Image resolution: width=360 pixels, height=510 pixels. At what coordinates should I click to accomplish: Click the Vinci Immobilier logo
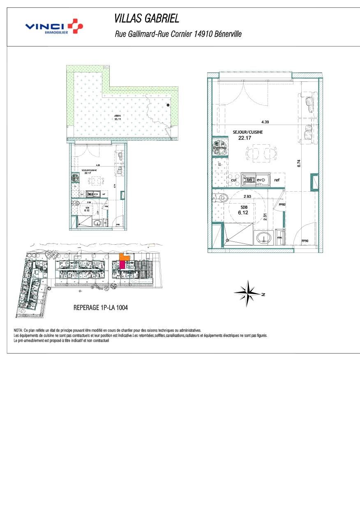[54, 27]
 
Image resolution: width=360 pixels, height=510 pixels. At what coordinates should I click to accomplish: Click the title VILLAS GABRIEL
[146, 19]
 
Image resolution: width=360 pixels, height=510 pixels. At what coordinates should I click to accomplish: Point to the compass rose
[248, 293]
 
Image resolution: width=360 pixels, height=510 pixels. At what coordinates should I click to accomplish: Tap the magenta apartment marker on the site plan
[122, 264]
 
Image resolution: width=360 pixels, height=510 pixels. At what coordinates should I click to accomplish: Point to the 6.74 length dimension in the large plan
[299, 163]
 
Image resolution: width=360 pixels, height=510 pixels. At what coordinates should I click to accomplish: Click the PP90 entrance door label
[305, 241]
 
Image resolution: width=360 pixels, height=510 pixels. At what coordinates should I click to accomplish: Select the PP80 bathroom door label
[282, 204]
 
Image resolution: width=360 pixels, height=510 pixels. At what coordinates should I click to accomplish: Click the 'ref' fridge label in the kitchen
[277, 180]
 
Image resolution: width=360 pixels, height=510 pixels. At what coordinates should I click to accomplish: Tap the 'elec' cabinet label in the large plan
[280, 237]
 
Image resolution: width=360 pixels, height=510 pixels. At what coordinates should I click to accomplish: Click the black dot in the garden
[168, 106]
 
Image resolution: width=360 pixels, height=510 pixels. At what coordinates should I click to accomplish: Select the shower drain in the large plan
[226, 241]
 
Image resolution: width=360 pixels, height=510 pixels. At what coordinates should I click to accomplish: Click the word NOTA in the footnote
[18, 330]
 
